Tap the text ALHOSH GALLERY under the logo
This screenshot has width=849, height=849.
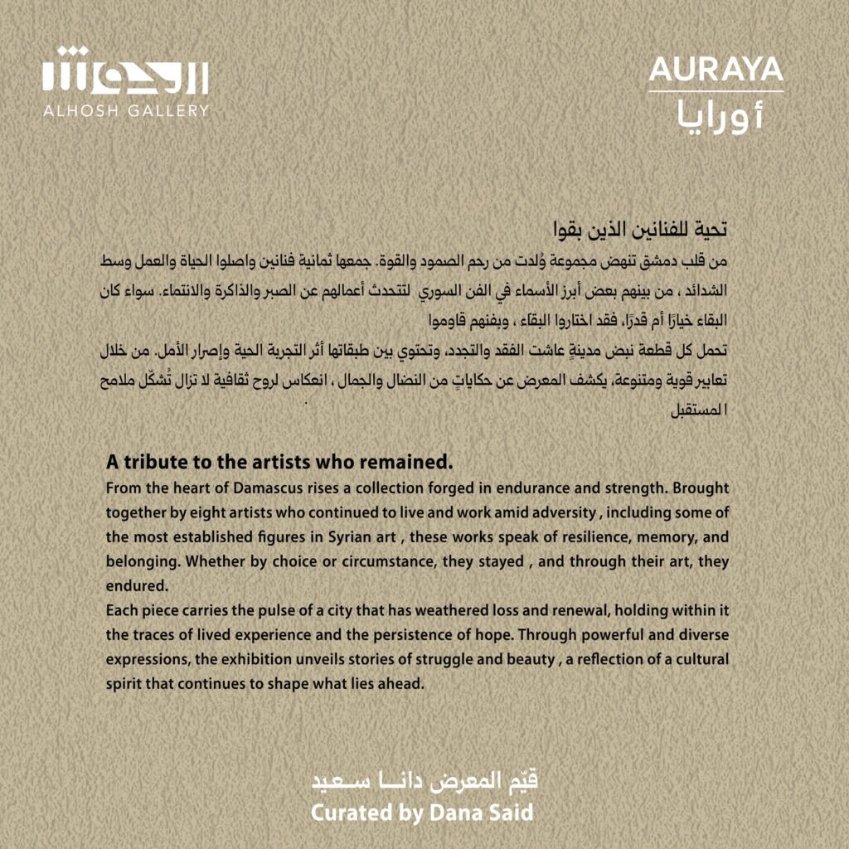click(126, 110)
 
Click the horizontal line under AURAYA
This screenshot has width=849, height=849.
click(716, 91)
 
